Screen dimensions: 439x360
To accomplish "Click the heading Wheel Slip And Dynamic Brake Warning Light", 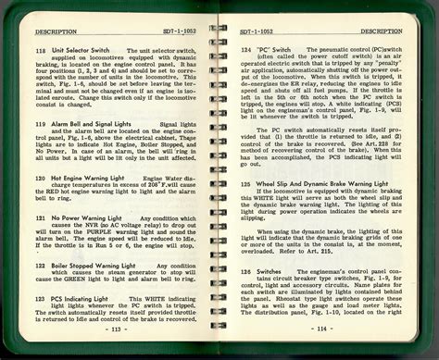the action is [x=321, y=185].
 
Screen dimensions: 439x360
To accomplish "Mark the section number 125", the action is [x=245, y=185].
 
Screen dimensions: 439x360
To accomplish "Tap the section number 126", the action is [x=245, y=271].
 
